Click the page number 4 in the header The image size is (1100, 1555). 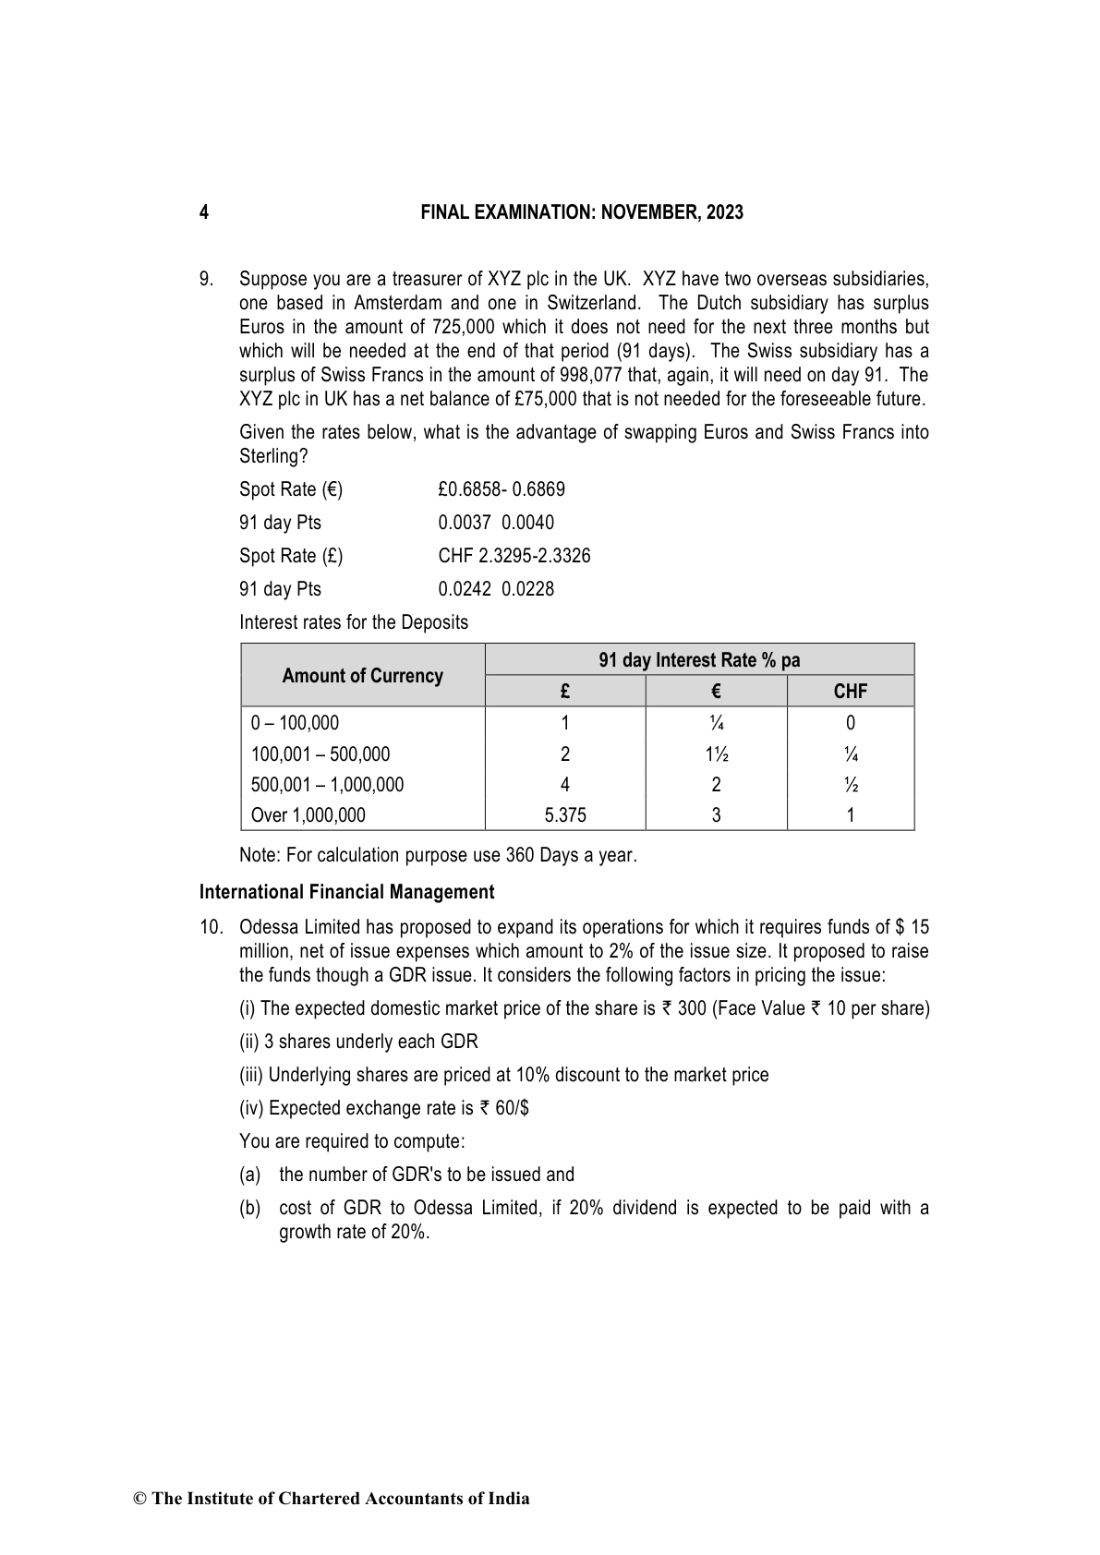coord(203,212)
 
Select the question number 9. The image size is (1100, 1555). coord(207,279)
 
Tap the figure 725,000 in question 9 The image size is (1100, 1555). coord(463,327)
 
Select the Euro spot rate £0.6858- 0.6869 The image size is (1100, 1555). coord(502,489)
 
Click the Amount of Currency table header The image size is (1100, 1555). coord(362,676)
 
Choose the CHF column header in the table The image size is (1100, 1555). coord(850,692)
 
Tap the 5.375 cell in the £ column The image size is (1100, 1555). coord(565,815)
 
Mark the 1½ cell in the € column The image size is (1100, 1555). coord(716,754)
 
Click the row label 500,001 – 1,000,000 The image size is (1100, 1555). coord(327,785)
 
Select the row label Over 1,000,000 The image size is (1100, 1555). coord(308,815)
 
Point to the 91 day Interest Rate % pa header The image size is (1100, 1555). coord(699,660)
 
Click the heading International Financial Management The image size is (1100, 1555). coord(346,892)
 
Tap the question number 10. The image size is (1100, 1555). coord(211,927)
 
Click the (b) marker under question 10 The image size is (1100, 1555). coord(249,1208)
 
